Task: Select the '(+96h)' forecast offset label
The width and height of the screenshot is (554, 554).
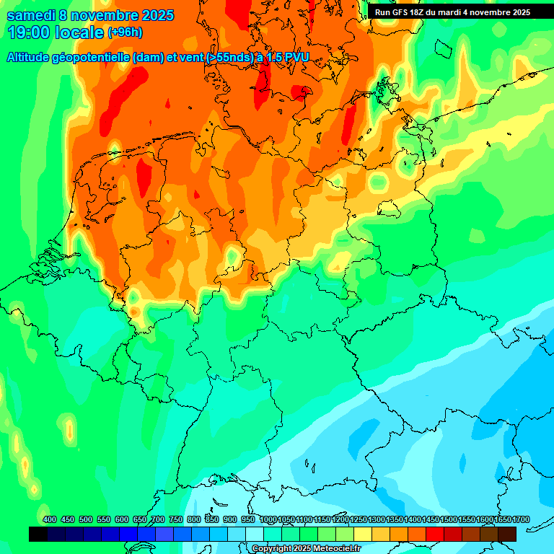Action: (125, 32)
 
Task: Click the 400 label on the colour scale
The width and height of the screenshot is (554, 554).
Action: (50, 520)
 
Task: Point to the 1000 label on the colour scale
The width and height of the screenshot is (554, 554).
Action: (268, 520)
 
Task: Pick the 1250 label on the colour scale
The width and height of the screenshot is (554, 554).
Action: (358, 520)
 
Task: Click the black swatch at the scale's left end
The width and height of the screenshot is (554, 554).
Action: (38, 534)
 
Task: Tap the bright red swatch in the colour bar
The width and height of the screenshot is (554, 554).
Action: (435, 534)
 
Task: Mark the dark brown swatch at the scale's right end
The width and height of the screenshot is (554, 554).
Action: (507, 534)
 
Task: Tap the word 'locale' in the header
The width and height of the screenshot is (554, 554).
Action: (79, 32)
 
